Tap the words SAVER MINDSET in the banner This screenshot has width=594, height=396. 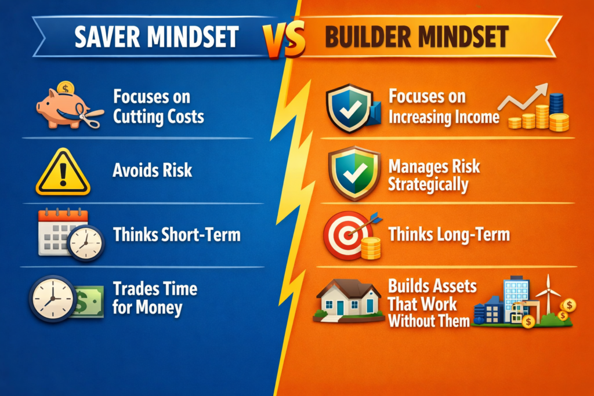tap(156, 37)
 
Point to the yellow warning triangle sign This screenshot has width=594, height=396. tap(63, 173)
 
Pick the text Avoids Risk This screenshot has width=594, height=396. tap(153, 170)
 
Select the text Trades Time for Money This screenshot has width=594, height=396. tap(155, 297)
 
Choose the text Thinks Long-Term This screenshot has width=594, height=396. tap(449, 235)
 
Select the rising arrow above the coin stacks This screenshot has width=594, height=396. tap(525, 97)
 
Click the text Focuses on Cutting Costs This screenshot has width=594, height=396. tap(158, 106)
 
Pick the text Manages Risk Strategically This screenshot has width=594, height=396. tap(434, 176)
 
